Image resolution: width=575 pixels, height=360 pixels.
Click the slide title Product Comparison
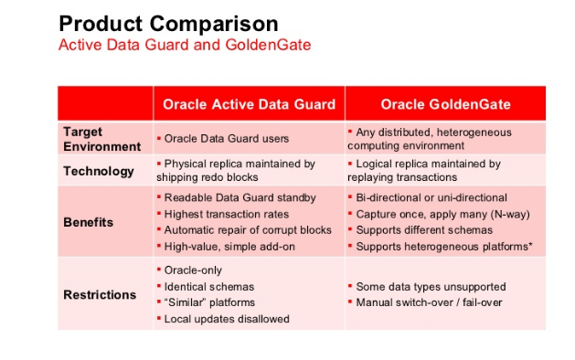point(168,23)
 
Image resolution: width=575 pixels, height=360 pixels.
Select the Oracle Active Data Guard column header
point(248,103)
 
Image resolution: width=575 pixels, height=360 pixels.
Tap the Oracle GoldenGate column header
point(444,103)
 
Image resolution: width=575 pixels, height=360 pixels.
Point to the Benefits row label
point(89,222)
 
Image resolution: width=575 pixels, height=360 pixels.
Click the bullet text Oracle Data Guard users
point(226,139)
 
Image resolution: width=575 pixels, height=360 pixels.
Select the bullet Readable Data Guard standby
point(240,197)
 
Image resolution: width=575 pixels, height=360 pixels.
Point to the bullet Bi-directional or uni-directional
point(431,197)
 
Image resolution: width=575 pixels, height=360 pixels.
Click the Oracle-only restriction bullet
point(193,270)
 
